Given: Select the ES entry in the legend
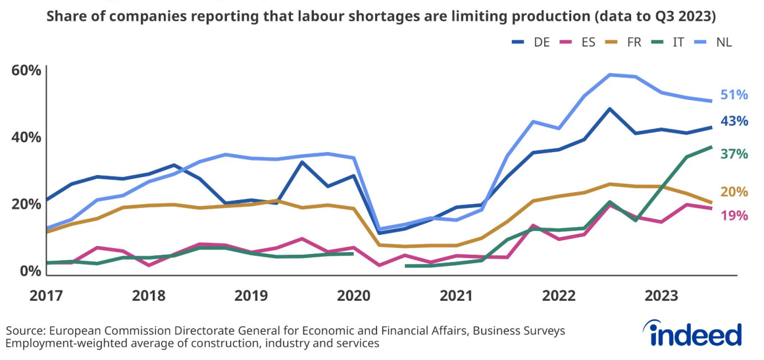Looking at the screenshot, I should coord(580,42).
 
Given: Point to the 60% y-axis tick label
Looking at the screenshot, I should coord(26,70).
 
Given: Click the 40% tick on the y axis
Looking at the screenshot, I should coord(26,138).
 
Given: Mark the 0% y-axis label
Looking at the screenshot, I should coord(30,270).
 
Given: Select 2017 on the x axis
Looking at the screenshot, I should coord(46,296).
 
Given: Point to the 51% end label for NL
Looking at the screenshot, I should coord(734,95).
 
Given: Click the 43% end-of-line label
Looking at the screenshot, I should coord(734,121).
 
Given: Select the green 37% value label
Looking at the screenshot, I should coord(734,154).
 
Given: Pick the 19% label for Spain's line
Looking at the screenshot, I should coord(734,215).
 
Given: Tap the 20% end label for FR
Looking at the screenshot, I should coord(734,192).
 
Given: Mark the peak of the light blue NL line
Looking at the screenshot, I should coord(611,74).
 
